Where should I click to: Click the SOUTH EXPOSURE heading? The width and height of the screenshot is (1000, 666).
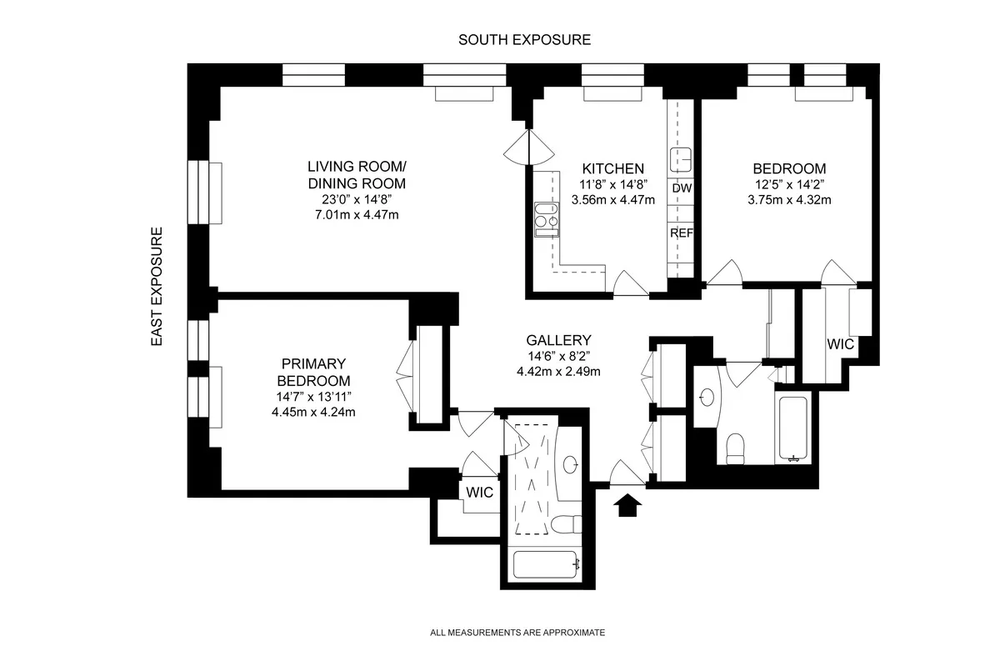[x=525, y=39]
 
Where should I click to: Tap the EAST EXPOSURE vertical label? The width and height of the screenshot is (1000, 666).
[x=156, y=287]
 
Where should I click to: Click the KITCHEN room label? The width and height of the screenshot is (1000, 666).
[x=612, y=168]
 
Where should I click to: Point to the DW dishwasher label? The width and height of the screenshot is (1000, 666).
[x=682, y=188]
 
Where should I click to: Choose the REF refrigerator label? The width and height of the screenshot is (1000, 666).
[x=682, y=233]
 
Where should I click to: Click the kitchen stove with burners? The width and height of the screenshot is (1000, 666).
[x=546, y=215]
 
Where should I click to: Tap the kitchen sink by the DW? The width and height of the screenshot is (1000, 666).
[x=682, y=158]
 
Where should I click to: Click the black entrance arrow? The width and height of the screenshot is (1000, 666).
[x=627, y=503]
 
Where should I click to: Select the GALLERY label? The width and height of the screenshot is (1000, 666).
[x=558, y=340]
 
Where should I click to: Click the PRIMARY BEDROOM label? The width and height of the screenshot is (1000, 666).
[x=312, y=372]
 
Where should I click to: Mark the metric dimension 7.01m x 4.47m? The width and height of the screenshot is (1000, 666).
[x=356, y=216]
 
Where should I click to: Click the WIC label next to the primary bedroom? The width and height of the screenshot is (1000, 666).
[x=479, y=492]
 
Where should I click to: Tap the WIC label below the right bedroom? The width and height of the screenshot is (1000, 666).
[x=841, y=343]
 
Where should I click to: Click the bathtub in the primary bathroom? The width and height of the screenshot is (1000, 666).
[x=546, y=566]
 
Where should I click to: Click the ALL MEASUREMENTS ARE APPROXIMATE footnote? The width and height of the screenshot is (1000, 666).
[x=517, y=633]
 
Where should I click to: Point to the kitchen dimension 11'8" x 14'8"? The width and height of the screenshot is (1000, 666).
[x=612, y=184]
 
